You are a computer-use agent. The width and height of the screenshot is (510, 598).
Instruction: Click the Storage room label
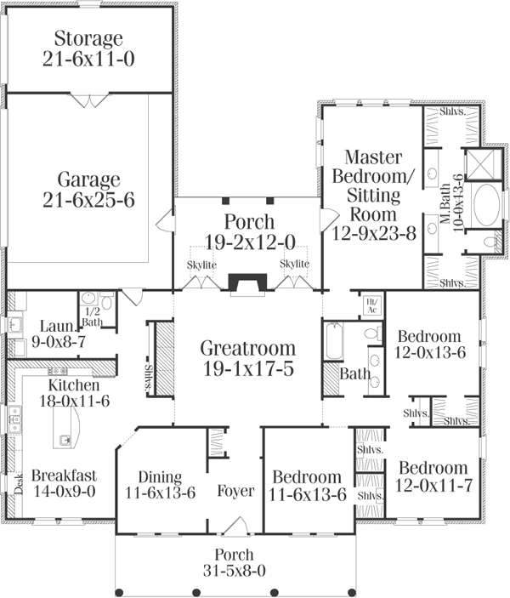coord(88,39)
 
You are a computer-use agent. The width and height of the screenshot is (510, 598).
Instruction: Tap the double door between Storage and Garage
coord(88,100)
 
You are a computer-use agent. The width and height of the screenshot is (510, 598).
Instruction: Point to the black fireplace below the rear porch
coord(247,283)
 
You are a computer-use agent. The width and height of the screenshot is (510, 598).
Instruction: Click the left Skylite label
coord(202,265)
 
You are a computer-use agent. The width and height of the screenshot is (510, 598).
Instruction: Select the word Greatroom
coord(248,348)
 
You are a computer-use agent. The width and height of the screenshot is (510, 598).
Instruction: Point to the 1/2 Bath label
coord(92,316)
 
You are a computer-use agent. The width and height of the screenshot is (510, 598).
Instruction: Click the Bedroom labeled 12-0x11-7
coord(433,469)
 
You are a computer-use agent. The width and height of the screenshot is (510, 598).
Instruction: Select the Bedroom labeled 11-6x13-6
coord(307,477)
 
